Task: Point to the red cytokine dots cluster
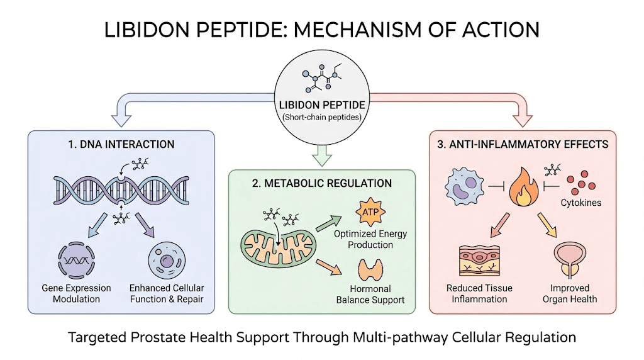[582, 182]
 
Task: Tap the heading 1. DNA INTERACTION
[121, 145]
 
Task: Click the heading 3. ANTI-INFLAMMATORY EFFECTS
[523, 145]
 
